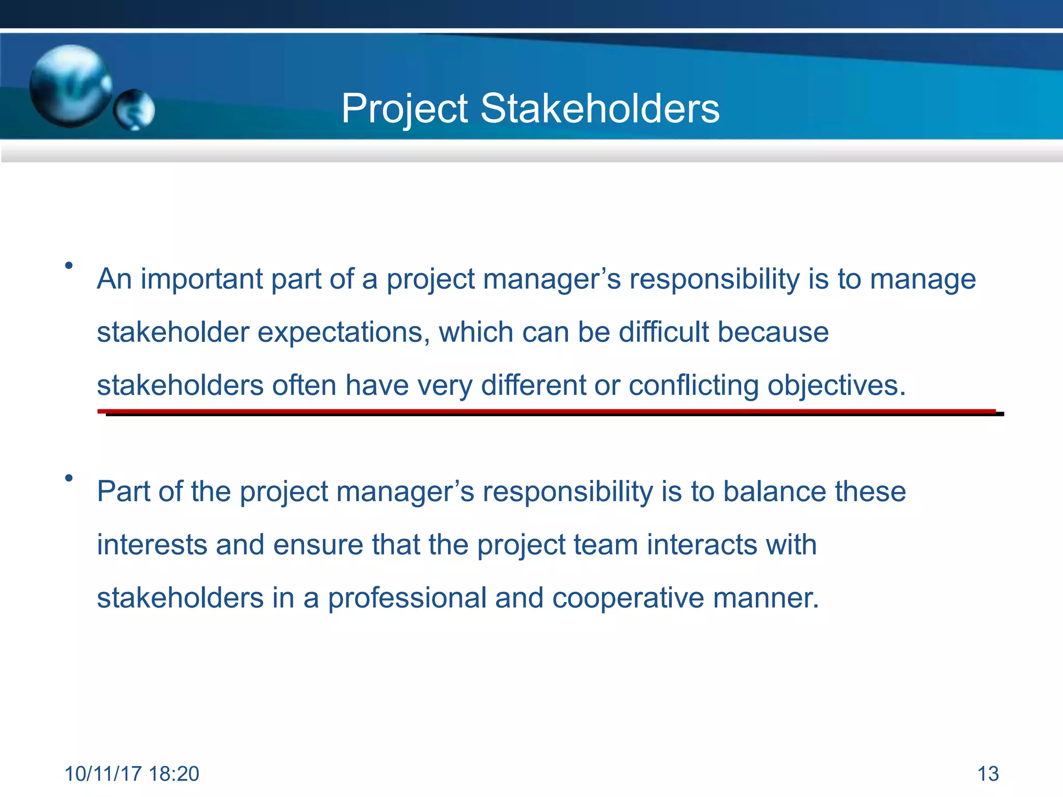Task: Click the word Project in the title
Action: point(405,109)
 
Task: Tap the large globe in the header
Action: point(70,86)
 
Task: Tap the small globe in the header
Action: point(134,109)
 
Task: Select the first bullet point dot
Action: point(69,266)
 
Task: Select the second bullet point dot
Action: point(69,478)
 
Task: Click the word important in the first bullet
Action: point(201,279)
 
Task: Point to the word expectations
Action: point(343,332)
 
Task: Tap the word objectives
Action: point(836,386)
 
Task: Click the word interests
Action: point(152,545)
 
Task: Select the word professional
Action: point(407,598)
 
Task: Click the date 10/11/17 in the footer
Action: point(103,774)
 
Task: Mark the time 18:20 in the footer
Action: point(173,774)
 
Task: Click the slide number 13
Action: point(988,774)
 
